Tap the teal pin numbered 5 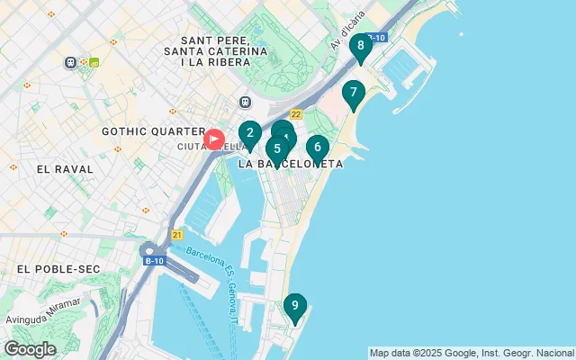pos(277,149)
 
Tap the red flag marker pos(214,139)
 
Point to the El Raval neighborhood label pos(60,168)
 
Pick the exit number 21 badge pos(176,235)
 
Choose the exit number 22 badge pos(295,112)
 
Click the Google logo pos(30,349)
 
